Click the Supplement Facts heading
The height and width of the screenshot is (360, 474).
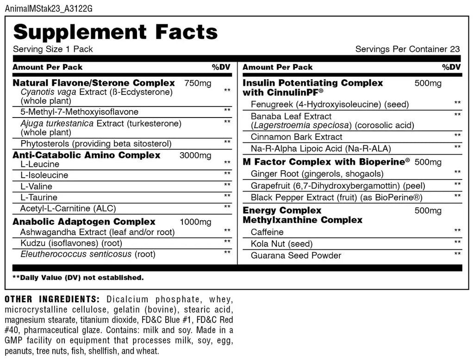(115, 32)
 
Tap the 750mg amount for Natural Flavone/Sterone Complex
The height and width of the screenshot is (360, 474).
(198, 83)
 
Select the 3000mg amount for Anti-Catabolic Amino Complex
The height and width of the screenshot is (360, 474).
(195, 155)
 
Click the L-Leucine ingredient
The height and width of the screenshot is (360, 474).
(40, 164)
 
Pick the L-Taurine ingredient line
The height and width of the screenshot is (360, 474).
(39, 198)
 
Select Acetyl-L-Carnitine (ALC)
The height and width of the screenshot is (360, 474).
(68, 208)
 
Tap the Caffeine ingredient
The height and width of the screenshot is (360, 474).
(267, 232)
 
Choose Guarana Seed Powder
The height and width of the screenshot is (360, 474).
(296, 255)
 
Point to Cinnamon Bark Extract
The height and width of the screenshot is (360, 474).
(296, 137)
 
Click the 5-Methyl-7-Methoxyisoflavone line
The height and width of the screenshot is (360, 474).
(79, 112)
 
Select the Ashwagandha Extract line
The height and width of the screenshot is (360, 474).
(97, 232)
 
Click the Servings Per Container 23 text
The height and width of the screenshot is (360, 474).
(407, 49)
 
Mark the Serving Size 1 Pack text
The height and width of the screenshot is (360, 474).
(53, 49)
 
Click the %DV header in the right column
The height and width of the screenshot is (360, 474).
(451, 67)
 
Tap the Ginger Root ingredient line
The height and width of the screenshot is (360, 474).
(317, 174)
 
